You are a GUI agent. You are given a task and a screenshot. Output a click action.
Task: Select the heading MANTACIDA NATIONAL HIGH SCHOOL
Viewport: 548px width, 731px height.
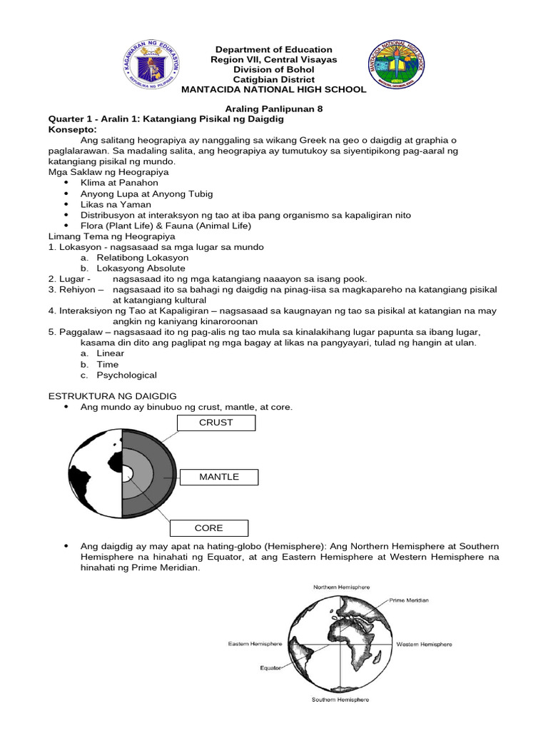(274, 89)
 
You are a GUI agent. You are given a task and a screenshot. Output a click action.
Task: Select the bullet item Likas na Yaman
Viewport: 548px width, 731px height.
(116, 204)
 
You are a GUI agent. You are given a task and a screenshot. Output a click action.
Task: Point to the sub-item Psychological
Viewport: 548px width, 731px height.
(127, 375)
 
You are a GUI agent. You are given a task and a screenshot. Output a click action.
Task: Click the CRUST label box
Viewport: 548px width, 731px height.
(215, 423)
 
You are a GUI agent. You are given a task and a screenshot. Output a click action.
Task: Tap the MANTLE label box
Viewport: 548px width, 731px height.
(219, 477)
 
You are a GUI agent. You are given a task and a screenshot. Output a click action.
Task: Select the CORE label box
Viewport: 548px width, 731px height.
(209, 528)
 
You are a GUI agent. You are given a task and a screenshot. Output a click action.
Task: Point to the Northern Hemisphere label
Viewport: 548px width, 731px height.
(341, 587)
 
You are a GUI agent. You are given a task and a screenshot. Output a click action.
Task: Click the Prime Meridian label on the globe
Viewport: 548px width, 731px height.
(409, 601)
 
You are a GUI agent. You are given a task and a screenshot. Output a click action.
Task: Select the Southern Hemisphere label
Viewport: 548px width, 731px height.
(340, 700)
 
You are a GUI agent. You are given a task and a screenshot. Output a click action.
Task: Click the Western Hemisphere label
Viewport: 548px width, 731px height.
(424, 644)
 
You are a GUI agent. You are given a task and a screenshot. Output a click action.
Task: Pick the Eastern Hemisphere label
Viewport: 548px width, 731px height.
(255, 644)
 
